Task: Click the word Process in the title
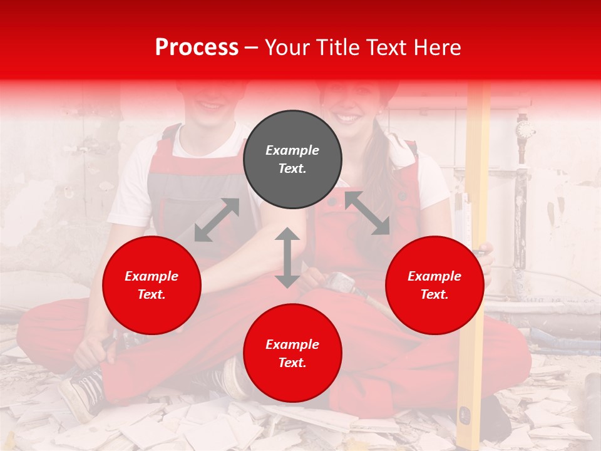coord(197,47)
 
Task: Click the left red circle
coord(152,285)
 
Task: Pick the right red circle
coord(434,285)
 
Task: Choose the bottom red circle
coord(292,353)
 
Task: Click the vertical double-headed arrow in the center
coord(287,257)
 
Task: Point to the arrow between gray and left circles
coord(217,220)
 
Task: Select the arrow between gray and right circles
coord(367,214)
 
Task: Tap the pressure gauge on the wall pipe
coord(525,130)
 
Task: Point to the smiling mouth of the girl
coord(350,117)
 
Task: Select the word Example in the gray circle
coord(292,150)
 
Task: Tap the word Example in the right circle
coord(434,276)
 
